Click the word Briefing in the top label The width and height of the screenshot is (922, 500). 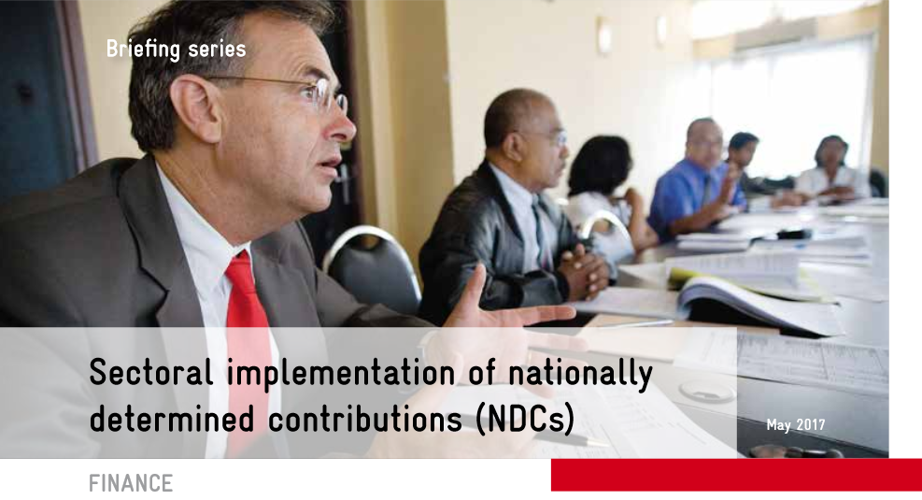140,50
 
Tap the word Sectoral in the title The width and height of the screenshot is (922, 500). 150,372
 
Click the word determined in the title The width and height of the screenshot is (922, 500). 172,419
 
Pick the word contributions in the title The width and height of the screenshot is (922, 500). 365,419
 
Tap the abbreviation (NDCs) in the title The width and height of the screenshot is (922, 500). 525,420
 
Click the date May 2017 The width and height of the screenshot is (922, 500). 796,425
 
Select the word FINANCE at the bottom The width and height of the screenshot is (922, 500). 131,483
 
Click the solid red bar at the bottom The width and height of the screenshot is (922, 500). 736,475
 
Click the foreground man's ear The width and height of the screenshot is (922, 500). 195,108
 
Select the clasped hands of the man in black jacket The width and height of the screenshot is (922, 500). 582,272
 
